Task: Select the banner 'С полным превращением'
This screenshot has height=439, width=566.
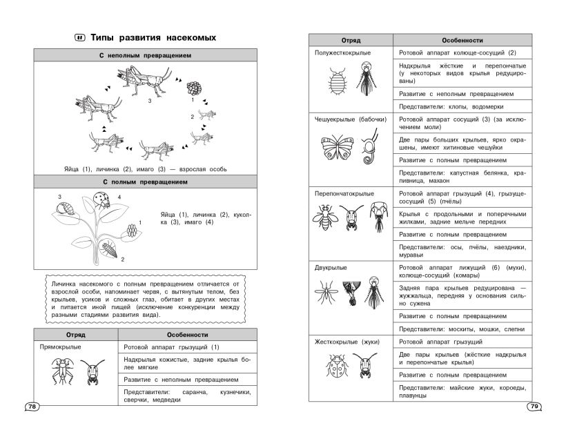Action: click(144, 182)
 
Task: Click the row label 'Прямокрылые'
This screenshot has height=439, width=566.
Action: click(61, 347)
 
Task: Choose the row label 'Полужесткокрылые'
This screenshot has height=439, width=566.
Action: click(343, 52)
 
